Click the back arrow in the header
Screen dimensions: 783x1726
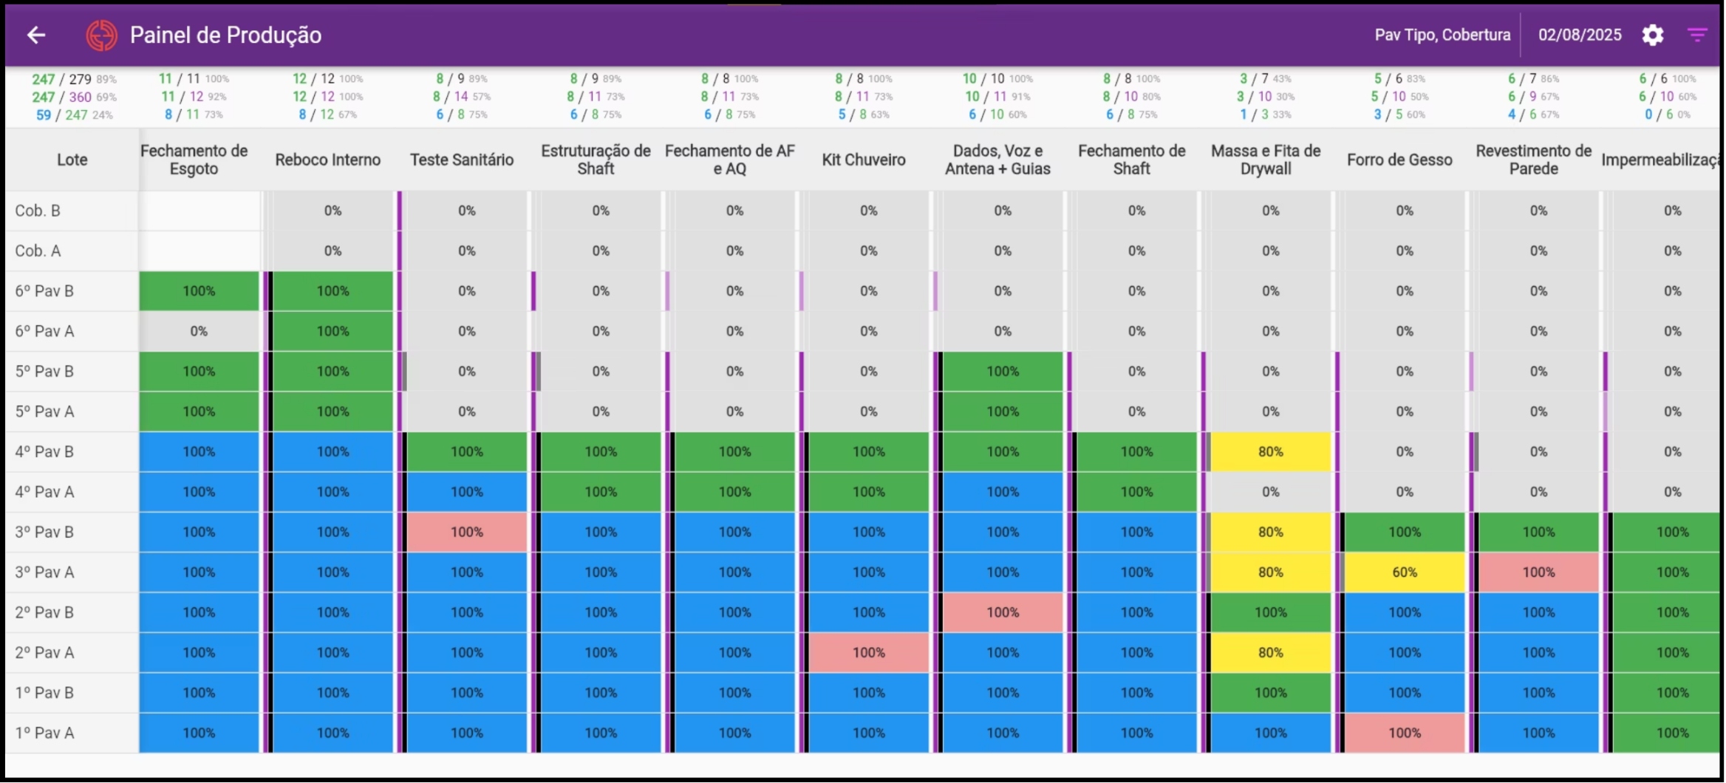pos(36,35)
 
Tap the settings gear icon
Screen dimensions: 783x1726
pos(1653,35)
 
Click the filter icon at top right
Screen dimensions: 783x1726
pos(1697,35)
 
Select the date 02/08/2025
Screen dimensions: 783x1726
pos(1580,35)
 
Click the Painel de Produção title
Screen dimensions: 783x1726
pos(225,35)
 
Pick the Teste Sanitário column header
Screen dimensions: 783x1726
pos(462,160)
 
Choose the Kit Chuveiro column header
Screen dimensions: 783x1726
pos(863,160)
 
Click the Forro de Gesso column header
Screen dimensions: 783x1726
pos(1399,160)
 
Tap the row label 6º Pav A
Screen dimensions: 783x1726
pos(44,331)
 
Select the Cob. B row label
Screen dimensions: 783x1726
pos(38,211)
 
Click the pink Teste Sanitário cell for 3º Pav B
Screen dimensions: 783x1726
pos(467,532)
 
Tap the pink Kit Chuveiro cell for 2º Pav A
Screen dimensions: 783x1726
pos(868,652)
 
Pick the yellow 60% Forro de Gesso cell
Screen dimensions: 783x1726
pos(1404,572)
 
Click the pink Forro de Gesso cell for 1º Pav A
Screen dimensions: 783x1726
pos(1404,733)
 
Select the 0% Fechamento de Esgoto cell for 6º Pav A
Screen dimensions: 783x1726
pos(199,331)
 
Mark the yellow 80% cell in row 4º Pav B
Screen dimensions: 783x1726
pos(1270,451)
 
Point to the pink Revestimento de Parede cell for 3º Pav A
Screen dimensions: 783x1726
pos(1538,572)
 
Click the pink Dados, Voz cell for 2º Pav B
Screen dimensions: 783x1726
pos(1002,612)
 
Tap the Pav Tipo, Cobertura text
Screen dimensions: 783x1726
pos(1442,35)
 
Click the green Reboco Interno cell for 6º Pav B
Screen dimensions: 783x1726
pos(332,291)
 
